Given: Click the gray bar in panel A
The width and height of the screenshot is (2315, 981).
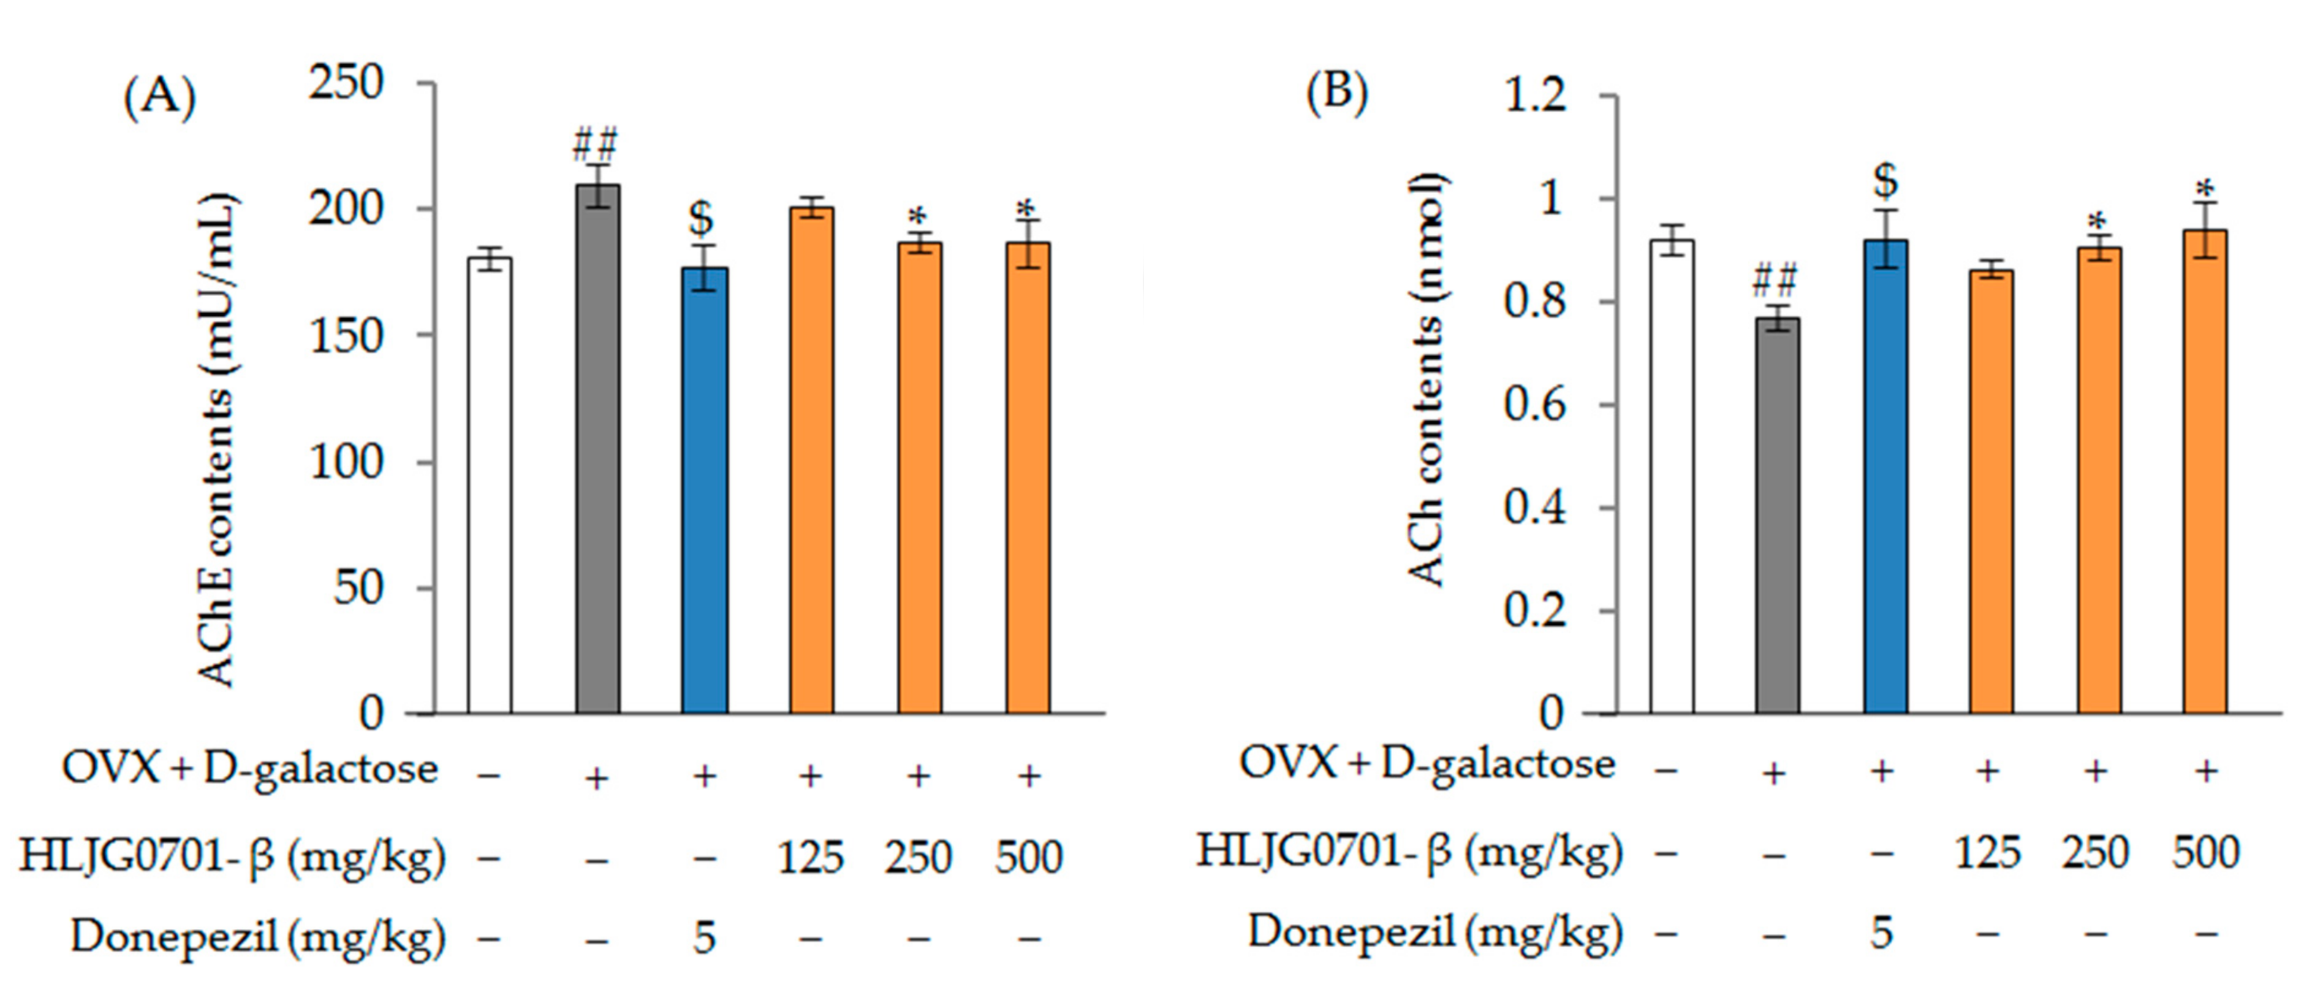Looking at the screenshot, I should [597, 449].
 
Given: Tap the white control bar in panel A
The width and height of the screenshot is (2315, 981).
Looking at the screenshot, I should [489, 486].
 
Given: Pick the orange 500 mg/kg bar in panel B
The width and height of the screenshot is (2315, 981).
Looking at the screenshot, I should [2205, 472].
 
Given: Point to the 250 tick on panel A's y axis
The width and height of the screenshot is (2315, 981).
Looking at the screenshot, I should [346, 83].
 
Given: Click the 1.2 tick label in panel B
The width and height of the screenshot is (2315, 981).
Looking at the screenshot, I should [1534, 95].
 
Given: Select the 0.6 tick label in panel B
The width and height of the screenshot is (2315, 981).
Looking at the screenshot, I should [1534, 405].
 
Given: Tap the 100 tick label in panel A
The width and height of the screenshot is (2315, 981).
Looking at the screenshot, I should [346, 463].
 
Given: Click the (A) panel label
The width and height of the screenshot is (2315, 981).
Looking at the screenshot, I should [159, 96].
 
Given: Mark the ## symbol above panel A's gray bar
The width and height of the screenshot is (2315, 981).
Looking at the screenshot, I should [596, 144].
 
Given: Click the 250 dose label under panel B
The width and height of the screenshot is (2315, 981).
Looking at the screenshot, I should [2095, 852].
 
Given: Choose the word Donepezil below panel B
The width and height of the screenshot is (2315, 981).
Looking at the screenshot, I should [1351, 931].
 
